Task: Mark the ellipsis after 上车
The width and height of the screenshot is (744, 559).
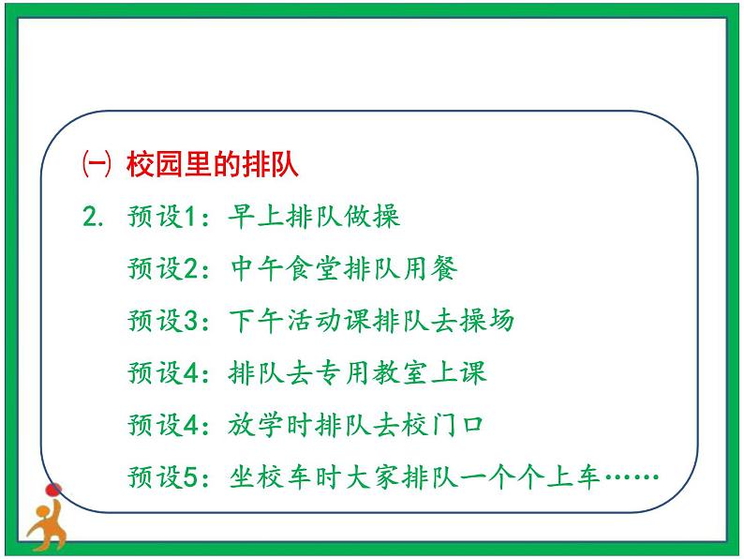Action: tap(632, 477)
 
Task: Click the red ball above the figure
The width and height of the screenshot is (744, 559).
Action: tap(53, 489)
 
